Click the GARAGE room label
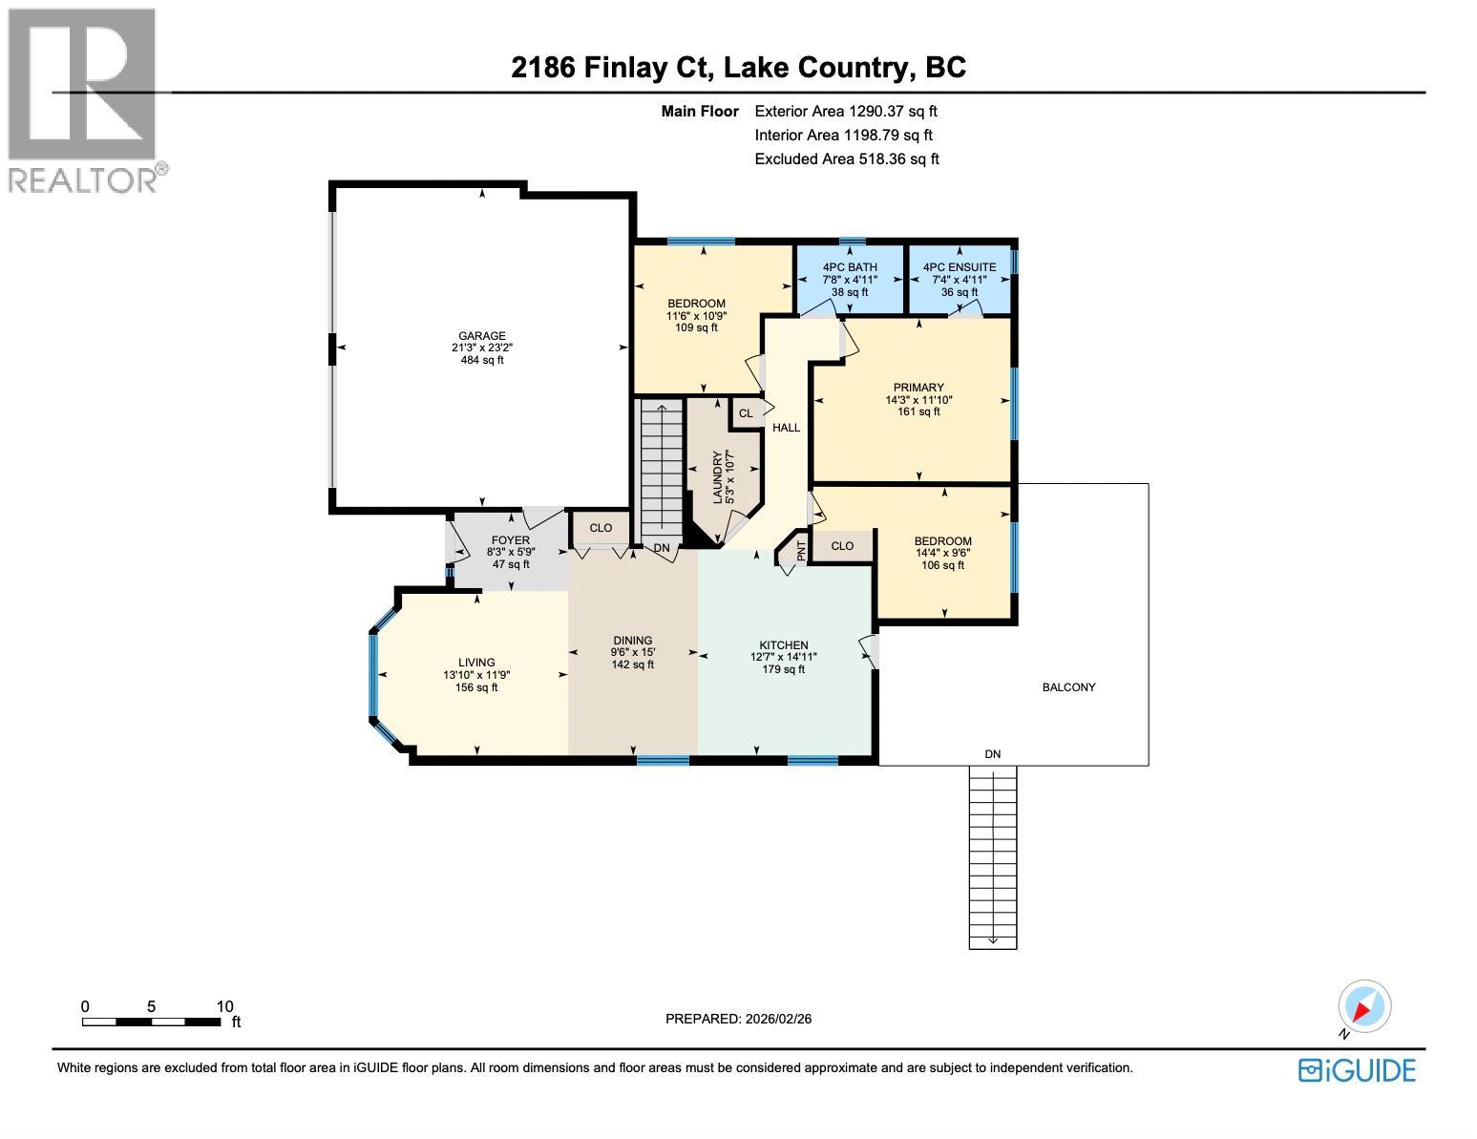point(481,336)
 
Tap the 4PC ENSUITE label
point(960,267)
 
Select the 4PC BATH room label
point(850,267)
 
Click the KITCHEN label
point(784,645)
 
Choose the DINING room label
point(632,641)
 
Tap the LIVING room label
point(476,663)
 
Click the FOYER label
point(511,540)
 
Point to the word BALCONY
point(1068,687)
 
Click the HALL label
point(787,428)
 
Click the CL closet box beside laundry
point(746,413)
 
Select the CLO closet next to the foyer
point(601,528)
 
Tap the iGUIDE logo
point(1357,1070)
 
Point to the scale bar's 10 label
point(225,1006)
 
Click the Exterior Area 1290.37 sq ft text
point(846,112)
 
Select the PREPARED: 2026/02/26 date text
point(738,1019)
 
